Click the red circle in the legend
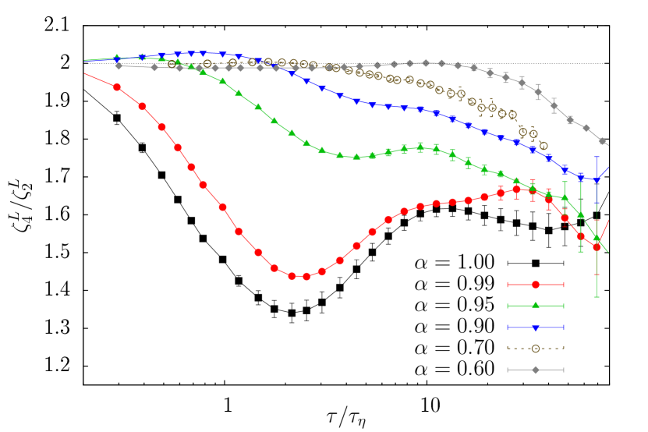(x=535, y=285)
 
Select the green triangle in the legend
(x=535, y=305)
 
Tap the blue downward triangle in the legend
(x=535, y=328)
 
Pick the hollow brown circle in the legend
(x=535, y=348)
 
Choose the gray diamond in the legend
(x=535, y=370)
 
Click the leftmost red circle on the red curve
(x=117, y=87)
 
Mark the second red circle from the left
(x=142, y=106)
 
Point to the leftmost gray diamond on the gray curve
(x=119, y=66)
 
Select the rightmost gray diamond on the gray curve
(x=601, y=141)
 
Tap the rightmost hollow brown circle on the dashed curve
(x=543, y=146)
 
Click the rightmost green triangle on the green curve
(x=597, y=238)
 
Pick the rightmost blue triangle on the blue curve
(x=597, y=180)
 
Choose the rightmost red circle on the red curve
(x=597, y=246)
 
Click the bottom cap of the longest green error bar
(x=597, y=296)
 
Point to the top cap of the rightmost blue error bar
(x=597, y=158)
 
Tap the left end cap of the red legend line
(x=508, y=285)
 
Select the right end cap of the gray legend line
(x=563, y=370)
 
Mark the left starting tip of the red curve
(x=84, y=74)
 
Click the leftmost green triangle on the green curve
(x=117, y=58)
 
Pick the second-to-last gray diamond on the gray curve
(x=586, y=128)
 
